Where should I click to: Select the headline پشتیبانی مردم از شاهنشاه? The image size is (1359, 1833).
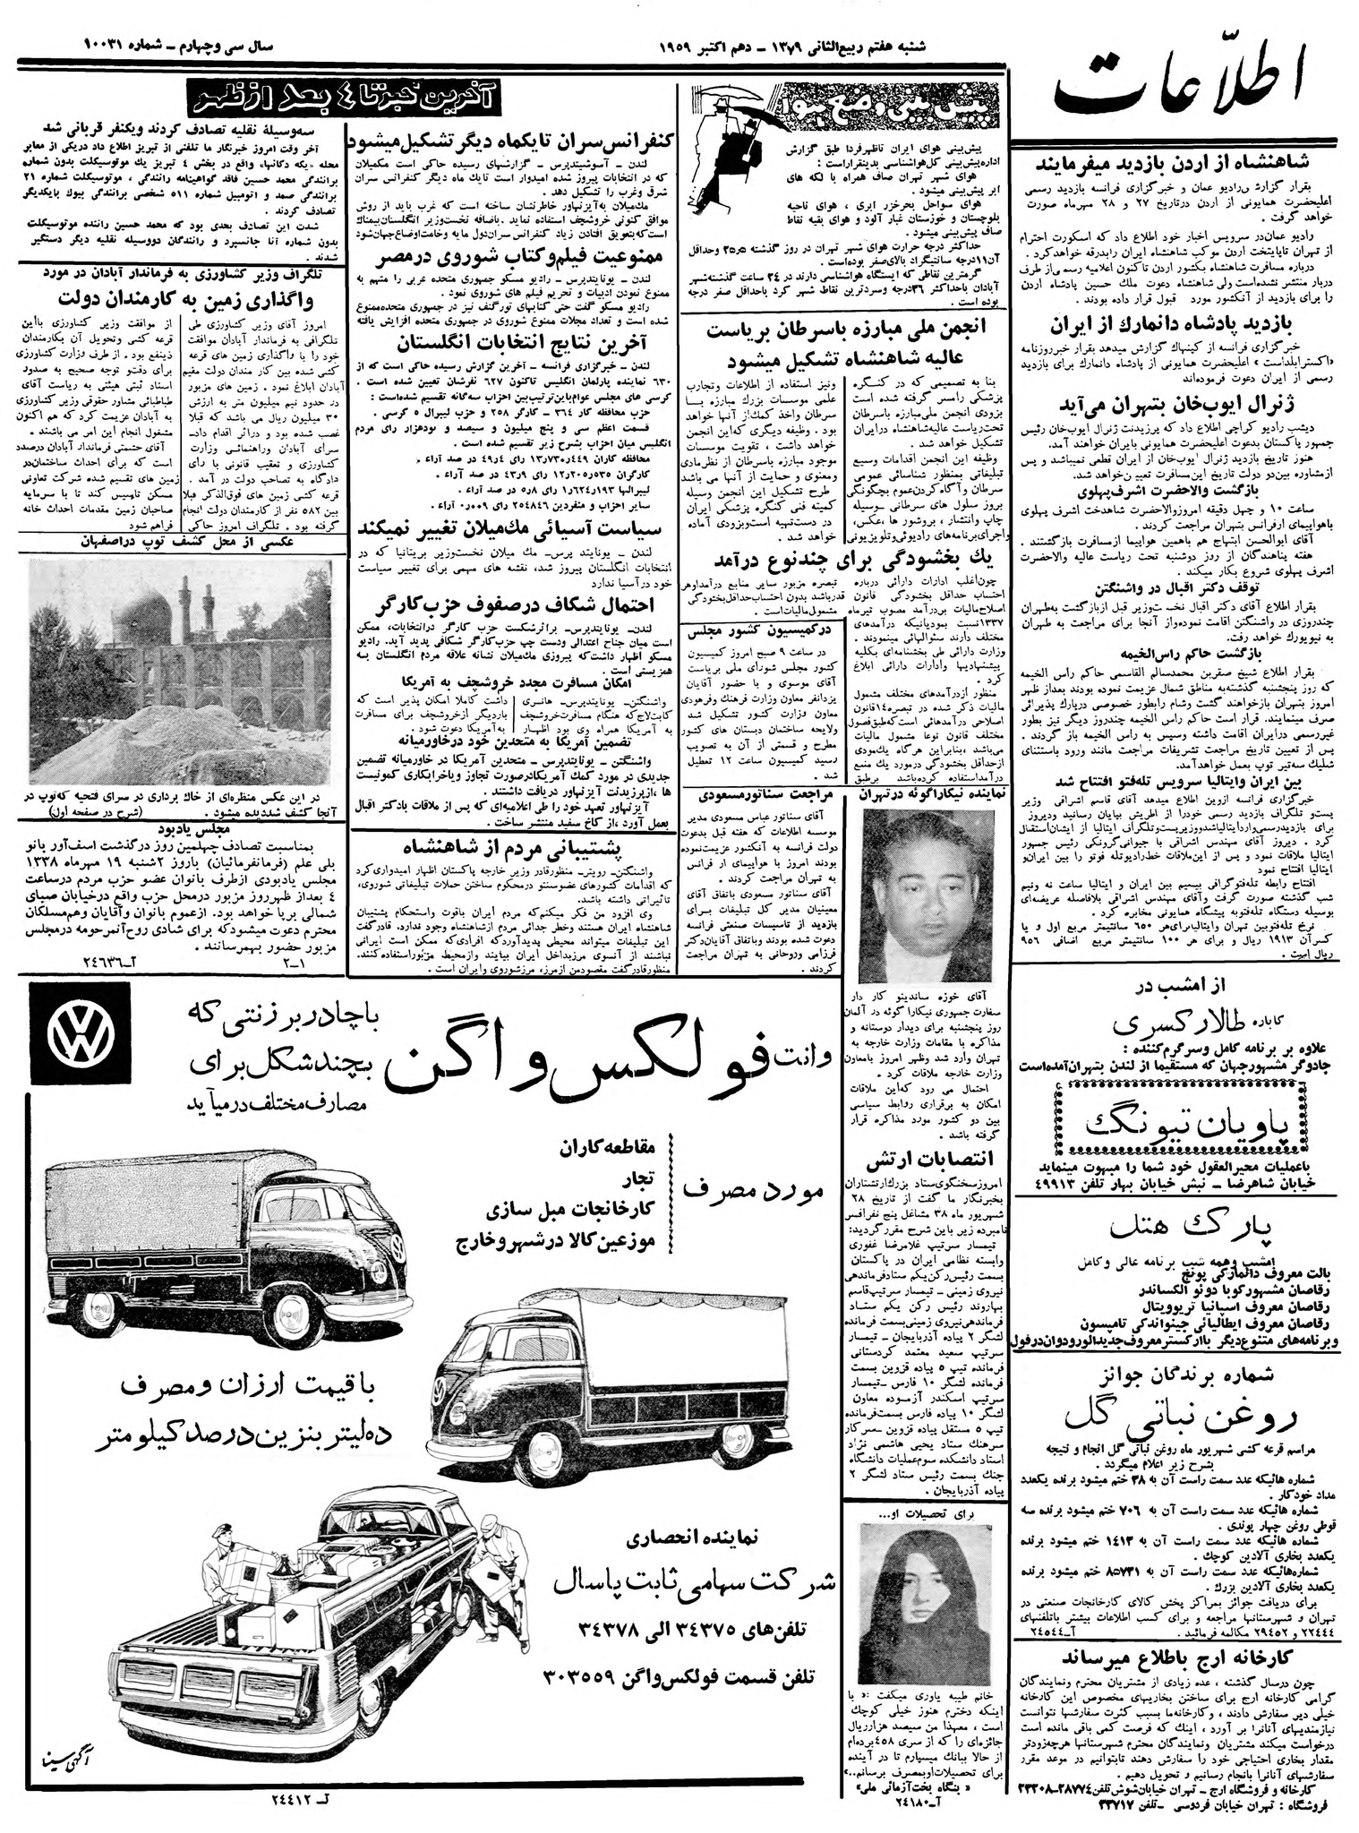point(513,846)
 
